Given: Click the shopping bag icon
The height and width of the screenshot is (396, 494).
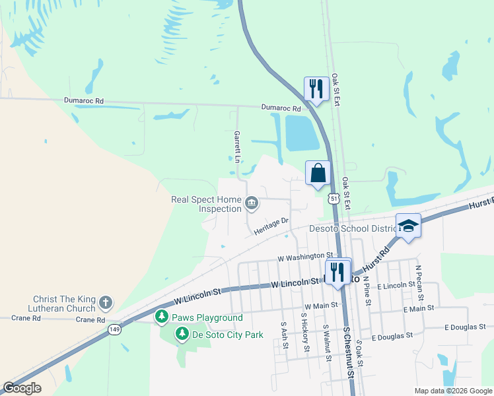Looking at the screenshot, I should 318,173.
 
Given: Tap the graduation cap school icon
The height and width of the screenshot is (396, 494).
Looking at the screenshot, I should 408,225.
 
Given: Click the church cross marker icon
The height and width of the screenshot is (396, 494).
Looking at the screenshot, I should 105,303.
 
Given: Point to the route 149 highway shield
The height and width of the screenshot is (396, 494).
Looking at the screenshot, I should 116,330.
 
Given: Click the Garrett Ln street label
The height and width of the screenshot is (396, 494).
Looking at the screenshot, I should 236,147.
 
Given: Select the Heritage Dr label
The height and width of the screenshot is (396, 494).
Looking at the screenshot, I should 271,226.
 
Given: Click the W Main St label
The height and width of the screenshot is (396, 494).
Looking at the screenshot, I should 322,306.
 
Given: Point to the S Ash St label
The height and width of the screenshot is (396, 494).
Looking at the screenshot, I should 283,337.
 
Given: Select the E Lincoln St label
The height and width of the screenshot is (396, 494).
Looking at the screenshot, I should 394,285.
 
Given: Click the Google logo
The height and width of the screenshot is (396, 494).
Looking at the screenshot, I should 22,388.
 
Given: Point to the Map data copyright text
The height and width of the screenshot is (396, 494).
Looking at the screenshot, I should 452,391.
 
